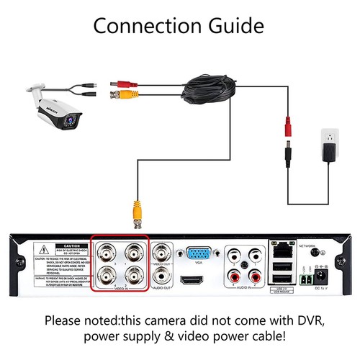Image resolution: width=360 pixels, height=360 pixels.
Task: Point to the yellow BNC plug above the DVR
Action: pyautogui.click(x=135, y=213)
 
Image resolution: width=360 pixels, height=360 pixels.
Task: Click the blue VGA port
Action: pyautogui.click(x=199, y=254)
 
